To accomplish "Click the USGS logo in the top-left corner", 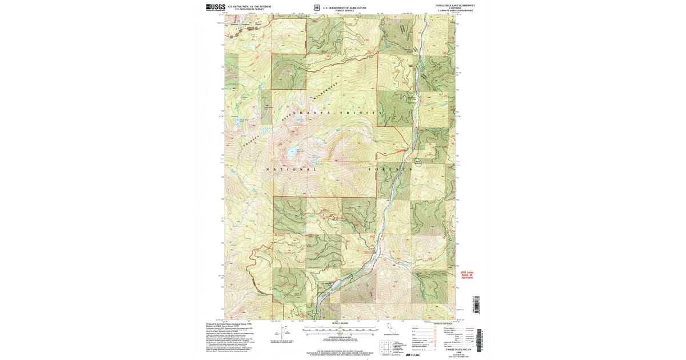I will click(215, 7).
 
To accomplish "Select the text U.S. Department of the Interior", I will click(249, 6).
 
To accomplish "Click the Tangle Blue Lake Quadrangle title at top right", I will click(455, 5).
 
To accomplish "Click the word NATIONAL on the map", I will click(292, 170).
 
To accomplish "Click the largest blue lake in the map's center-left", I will click(292, 153).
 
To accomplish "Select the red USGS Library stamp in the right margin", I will click(468, 275).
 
